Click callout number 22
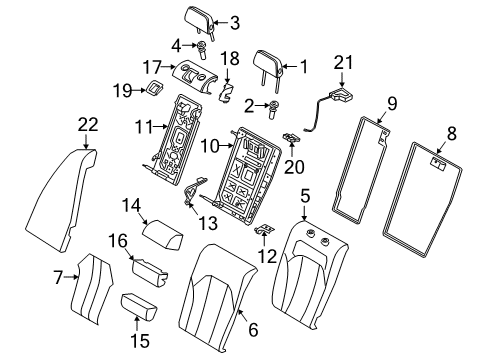89,124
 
